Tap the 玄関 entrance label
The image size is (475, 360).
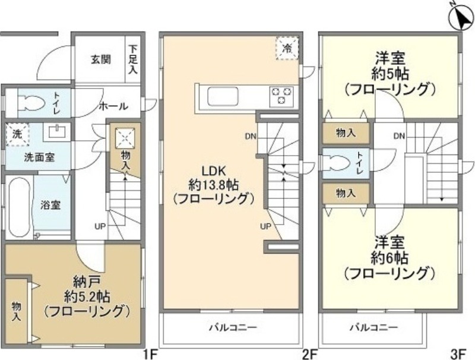[100, 59]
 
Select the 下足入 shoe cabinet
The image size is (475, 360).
[133, 60]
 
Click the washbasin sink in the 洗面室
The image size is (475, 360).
[58, 131]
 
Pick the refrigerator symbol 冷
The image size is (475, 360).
[287, 48]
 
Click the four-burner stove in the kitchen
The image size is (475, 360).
[281, 96]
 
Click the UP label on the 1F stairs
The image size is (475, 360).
[100, 225]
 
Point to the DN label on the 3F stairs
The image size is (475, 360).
[399, 136]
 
